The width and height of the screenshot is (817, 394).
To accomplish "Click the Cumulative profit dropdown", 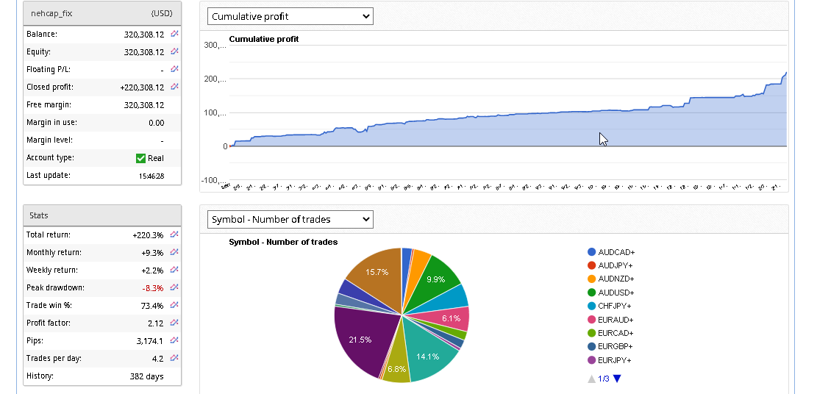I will point(290,16).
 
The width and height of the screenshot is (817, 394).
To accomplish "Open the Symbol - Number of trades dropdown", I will point(290,219).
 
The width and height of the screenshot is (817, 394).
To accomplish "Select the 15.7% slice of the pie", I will point(374,275).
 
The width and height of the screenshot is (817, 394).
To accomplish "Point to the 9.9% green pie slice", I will point(437,278).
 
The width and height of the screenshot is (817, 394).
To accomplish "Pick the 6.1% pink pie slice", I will point(450,318).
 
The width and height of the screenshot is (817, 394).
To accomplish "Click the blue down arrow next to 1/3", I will point(617,379).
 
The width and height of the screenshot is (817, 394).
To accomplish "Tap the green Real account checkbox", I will point(141,158).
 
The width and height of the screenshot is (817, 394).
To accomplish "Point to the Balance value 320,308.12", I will point(144,34).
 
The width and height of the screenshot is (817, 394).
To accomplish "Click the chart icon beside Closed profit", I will point(174,87).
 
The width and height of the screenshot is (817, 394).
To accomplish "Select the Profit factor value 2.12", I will point(155,323).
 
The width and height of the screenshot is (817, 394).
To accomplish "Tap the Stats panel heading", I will point(39,215).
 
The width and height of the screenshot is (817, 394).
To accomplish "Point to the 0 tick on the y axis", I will point(224,146).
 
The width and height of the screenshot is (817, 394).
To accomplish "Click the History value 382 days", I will point(147,376).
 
